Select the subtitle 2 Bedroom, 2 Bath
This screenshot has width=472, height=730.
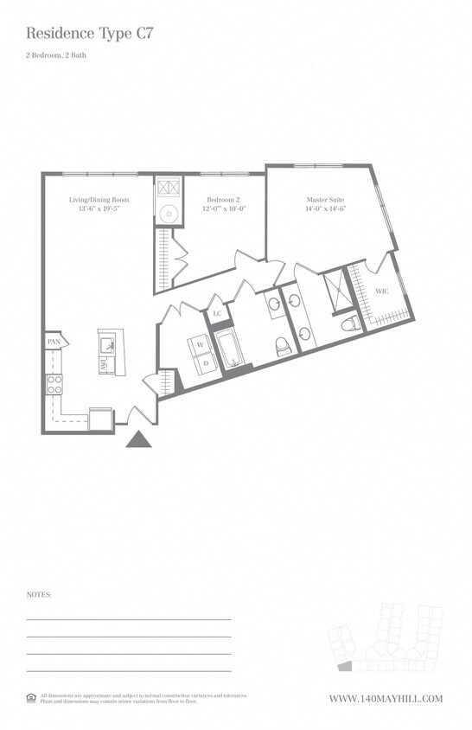click(56, 56)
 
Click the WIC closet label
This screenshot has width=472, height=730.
click(381, 291)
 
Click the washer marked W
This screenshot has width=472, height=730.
click(200, 345)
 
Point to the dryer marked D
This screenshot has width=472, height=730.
click(205, 363)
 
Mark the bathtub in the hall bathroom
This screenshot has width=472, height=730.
click(231, 349)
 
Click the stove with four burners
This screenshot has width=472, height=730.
click(54, 383)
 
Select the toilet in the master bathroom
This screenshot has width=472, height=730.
click(351, 324)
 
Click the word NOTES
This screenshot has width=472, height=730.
click(39, 595)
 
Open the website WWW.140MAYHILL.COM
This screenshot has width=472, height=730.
click(386, 699)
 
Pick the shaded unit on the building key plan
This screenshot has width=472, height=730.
click(343, 666)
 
